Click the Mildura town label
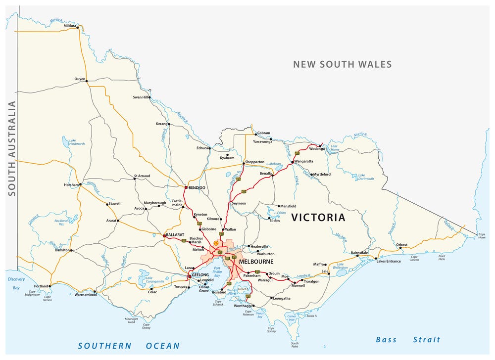[70, 26]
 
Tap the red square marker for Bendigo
[185, 188]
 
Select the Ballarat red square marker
[165, 236]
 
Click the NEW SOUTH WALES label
[342, 64]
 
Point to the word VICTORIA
[318, 218]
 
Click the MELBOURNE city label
[255, 261]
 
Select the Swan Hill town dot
[149, 97]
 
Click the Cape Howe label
[481, 235]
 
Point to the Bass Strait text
[407, 340]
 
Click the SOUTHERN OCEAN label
[129, 346]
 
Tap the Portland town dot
[50, 286]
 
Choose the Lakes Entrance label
[389, 261]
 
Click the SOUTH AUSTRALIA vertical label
[11, 148]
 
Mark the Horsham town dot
[81, 184]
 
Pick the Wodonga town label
[317, 149]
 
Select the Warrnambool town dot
[95, 292]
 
